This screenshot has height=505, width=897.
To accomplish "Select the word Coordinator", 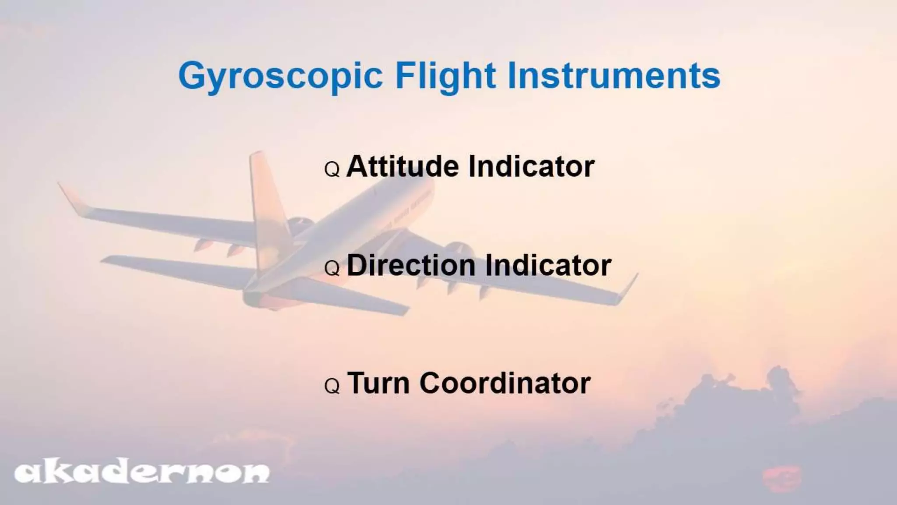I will (505, 383).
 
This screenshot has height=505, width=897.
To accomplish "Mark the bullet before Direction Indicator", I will (332, 268).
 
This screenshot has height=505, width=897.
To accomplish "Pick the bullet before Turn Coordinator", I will (332, 386).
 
